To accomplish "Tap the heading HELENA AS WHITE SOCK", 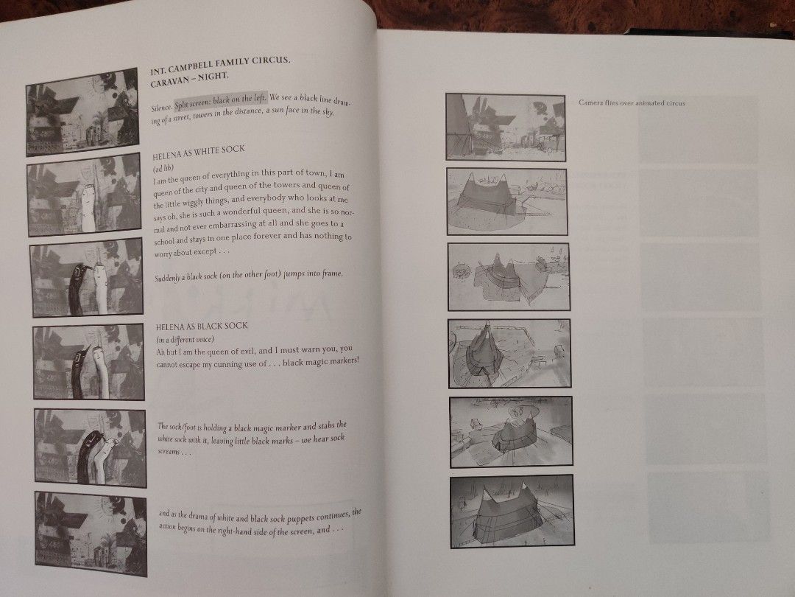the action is coord(199,151).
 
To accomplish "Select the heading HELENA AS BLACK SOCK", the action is coord(202,326).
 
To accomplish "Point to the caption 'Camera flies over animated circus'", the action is coord(632,102).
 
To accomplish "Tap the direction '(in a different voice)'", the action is coord(185,339).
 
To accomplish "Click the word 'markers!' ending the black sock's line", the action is coord(344,360).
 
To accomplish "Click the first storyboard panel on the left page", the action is coord(82,112).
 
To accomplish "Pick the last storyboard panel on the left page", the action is coord(91,534).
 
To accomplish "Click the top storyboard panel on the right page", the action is coord(506,127).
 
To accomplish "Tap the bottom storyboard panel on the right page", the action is coord(512,512).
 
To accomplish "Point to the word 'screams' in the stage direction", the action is coord(169,451).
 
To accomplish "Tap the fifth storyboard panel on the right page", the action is coord(511,432).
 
